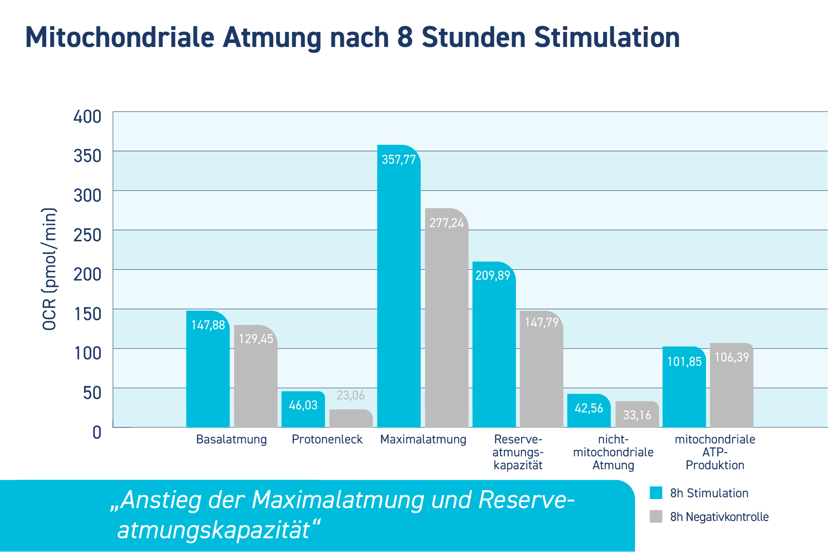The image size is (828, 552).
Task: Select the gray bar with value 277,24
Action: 447,319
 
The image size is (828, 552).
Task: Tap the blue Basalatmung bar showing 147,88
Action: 208,371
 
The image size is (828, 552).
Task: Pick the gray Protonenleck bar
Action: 351,418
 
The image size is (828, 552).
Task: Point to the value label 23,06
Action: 350,395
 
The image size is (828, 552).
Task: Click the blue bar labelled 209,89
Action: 494,345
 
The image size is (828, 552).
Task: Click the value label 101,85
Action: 684,362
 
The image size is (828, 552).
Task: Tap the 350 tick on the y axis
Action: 87,156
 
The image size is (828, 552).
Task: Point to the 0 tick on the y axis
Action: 97,432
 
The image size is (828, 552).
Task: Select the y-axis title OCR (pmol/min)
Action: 49,269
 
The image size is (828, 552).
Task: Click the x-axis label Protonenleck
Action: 327,440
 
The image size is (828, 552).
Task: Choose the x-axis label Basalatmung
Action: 231,440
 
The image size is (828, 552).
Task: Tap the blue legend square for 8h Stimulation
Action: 656,493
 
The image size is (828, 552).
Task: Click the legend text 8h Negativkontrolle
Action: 719,517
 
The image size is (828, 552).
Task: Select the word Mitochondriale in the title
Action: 120,37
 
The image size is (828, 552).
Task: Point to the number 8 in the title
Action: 405,37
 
